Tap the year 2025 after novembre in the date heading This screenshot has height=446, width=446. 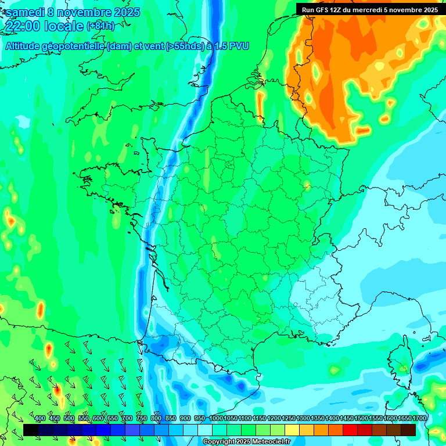(124, 12)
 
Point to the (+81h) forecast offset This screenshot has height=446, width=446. (100, 26)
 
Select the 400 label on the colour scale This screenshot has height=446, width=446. (40, 419)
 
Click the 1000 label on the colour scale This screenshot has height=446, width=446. (215, 419)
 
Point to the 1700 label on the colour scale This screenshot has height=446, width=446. (419, 419)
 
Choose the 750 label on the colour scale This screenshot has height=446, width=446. (142, 419)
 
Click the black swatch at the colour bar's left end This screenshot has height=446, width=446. (31, 430)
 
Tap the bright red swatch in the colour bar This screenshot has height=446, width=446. (350, 430)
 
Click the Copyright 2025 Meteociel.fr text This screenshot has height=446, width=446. (246, 441)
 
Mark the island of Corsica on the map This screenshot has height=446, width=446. (401, 363)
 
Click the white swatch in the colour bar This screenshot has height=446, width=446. (205, 430)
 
